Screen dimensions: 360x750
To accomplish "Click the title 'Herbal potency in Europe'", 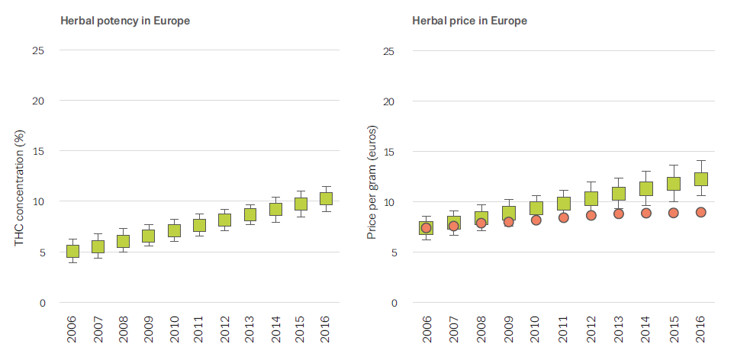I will click(x=125, y=21).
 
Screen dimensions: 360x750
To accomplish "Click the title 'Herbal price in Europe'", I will click(x=469, y=21).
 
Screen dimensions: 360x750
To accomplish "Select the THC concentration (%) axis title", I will click(x=21, y=188).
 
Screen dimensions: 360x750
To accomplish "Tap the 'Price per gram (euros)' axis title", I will click(x=373, y=188).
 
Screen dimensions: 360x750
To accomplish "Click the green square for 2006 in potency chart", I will click(x=72, y=251).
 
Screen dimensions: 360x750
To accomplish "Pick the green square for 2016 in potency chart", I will click(x=326, y=198).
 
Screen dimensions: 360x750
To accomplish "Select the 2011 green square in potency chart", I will click(x=199, y=224).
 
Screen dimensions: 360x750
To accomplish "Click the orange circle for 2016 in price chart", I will click(x=700, y=212).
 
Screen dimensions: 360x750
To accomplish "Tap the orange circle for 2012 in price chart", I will click(x=591, y=215).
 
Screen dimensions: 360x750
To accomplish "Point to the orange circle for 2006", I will click(x=426, y=228).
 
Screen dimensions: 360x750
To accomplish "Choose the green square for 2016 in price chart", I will click(x=700, y=178).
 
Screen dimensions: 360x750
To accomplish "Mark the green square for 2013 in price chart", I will click(x=618, y=193).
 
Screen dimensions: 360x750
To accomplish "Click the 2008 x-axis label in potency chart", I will click(x=124, y=333).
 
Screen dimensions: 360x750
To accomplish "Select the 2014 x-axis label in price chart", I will click(x=646, y=333).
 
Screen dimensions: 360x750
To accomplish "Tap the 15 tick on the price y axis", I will click(x=391, y=151).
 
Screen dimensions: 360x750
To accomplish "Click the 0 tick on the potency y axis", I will click(x=41, y=303).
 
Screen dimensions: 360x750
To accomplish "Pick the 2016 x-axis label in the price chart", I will click(x=701, y=333).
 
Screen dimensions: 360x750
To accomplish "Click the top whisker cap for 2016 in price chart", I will click(x=700, y=160).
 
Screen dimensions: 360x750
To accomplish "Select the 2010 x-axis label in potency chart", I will click(x=174, y=333).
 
